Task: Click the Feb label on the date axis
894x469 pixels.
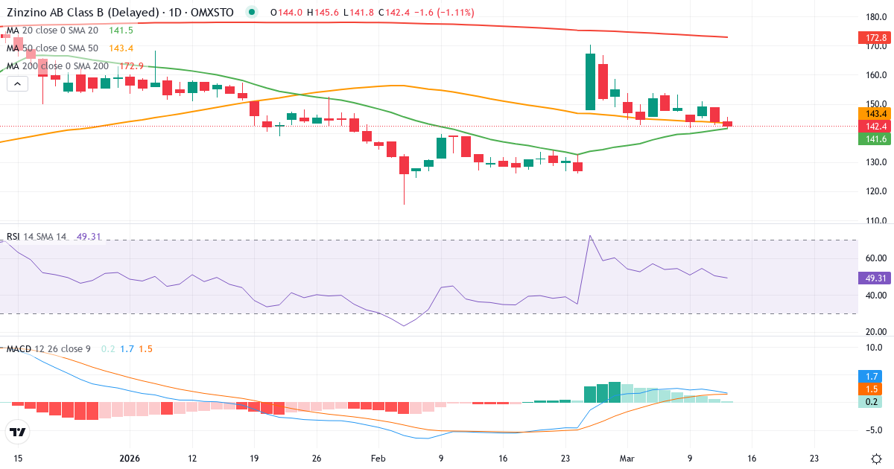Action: (379, 459)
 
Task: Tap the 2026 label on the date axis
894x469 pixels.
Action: (130, 459)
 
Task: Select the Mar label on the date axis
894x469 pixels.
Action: (628, 459)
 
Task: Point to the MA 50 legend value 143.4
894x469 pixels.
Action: (121, 48)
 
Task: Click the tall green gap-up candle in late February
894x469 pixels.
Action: (590, 82)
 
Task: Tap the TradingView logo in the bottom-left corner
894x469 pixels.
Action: (17, 432)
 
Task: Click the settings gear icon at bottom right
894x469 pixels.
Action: (876, 459)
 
